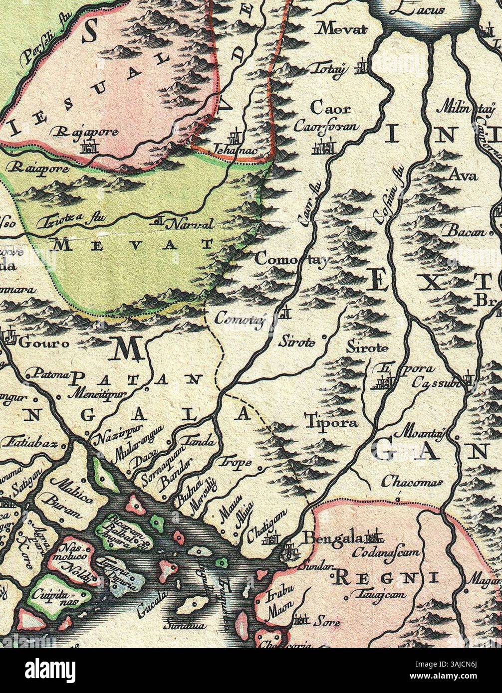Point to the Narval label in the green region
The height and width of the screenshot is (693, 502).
(x=192, y=225)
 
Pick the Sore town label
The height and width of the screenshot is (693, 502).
(x=327, y=622)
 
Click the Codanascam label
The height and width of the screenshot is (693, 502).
(x=387, y=553)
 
